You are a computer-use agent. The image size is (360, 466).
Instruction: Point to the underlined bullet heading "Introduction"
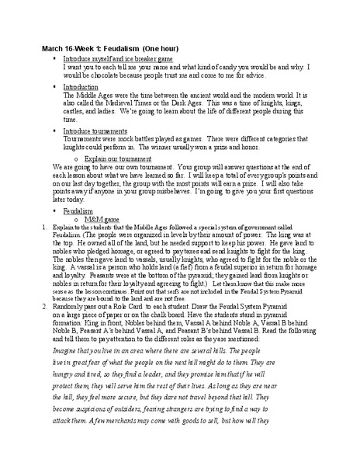coord(81,87)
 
